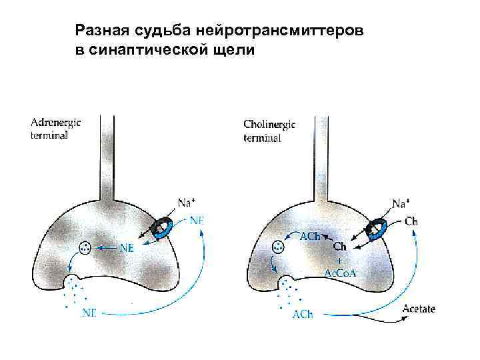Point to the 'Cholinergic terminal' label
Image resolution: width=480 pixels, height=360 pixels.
click(x=270, y=130)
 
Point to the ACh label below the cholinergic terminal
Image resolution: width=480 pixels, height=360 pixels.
click(x=302, y=314)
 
